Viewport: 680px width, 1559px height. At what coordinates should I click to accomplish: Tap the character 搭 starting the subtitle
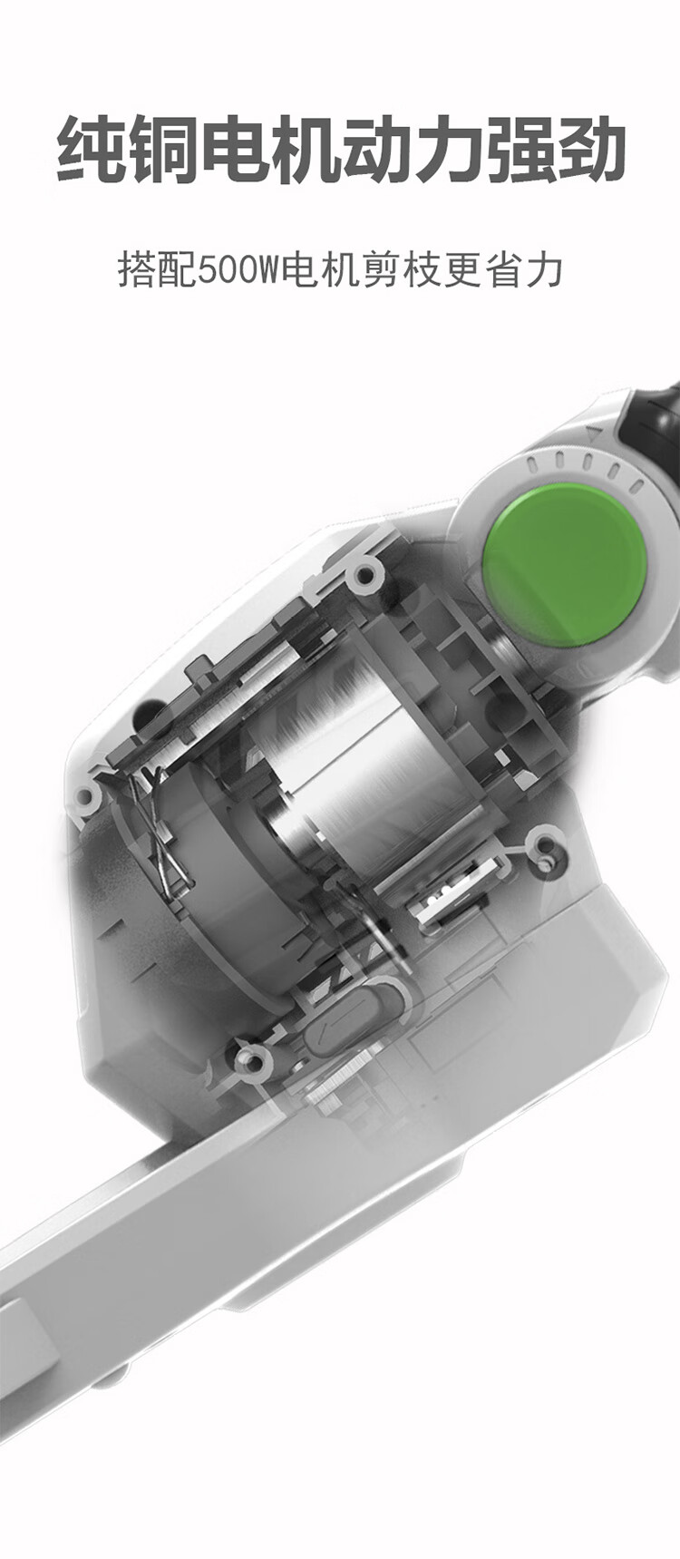point(137,270)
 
